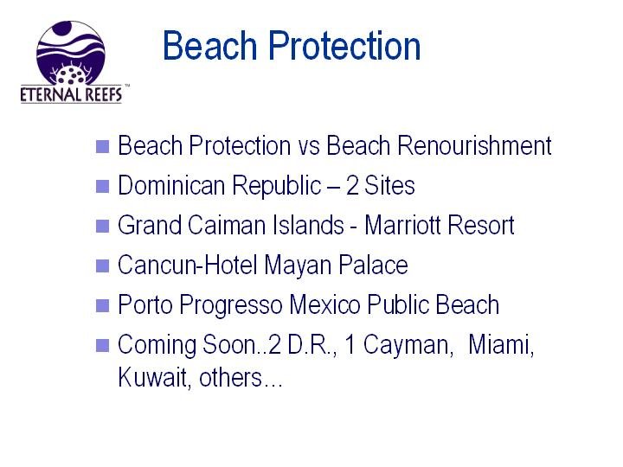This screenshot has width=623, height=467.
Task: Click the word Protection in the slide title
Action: (x=344, y=46)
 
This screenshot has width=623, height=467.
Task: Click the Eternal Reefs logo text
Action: (x=72, y=94)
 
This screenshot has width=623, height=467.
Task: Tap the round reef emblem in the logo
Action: (x=71, y=52)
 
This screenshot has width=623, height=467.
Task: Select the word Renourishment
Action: (x=474, y=145)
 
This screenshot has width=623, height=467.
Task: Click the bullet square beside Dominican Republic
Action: (x=102, y=186)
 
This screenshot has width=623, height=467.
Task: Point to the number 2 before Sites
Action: (x=352, y=185)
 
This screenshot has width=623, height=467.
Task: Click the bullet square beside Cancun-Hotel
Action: (x=102, y=265)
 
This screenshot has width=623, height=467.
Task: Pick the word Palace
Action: (x=373, y=265)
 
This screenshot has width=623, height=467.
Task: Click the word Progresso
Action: (x=231, y=306)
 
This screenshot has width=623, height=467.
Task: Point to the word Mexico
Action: (x=324, y=304)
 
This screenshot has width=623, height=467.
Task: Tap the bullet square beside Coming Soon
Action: (x=102, y=345)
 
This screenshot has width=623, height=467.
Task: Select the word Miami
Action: (x=501, y=345)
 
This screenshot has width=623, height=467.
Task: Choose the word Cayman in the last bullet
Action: (x=408, y=346)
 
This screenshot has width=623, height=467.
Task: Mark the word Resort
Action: (x=481, y=225)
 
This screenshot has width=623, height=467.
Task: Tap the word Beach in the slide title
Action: (x=209, y=46)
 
